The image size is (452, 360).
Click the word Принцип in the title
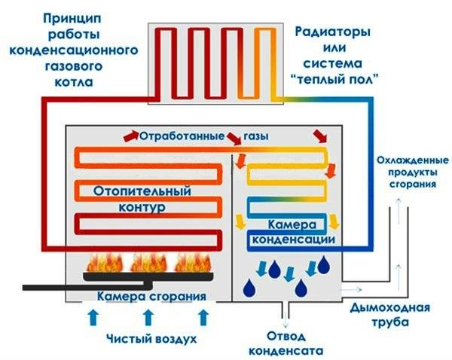(x=72, y=20)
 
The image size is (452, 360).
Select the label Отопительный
(x=142, y=191)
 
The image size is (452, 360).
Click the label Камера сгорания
(x=151, y=297)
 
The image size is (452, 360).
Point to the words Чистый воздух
(x=151, y=339)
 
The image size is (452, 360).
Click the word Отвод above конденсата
(x=286, y=337)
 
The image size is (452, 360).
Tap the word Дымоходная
(x=389, y=308)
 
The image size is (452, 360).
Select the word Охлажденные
(x=413, y=160)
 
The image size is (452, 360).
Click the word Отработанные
(x=182, y=136)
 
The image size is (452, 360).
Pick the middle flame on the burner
(x=148, y=263)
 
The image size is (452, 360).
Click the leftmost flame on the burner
(x=105, y=263)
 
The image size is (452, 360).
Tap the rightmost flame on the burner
(x=193, y=263)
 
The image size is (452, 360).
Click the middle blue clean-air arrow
(x=148, y=318)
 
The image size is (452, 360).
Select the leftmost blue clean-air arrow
(x=93, y=318)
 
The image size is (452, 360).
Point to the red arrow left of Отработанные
(x=131, y=136)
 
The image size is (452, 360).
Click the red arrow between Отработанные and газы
(x=234, y=139)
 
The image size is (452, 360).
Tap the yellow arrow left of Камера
(x=240, y=221)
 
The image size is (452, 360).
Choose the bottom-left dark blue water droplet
(x=249, y=288)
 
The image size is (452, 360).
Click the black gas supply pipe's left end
(x=23, y=288)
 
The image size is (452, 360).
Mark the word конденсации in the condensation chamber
(x=294, y=239)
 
